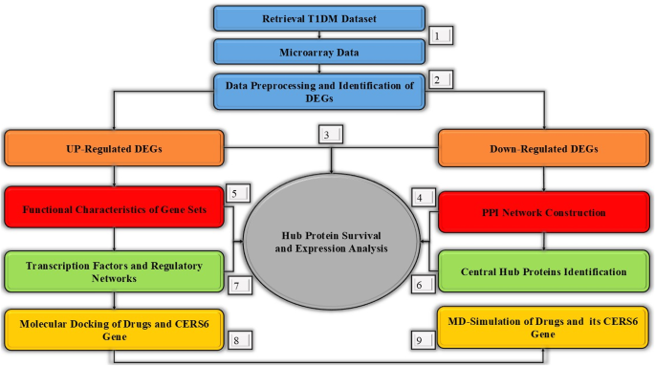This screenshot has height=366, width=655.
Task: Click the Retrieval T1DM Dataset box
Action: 319,18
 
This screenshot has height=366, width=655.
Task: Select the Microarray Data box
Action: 319,52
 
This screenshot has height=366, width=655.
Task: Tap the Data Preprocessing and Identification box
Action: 319,92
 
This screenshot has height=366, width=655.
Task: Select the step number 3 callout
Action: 328,136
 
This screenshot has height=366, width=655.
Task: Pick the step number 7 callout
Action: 237,285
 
